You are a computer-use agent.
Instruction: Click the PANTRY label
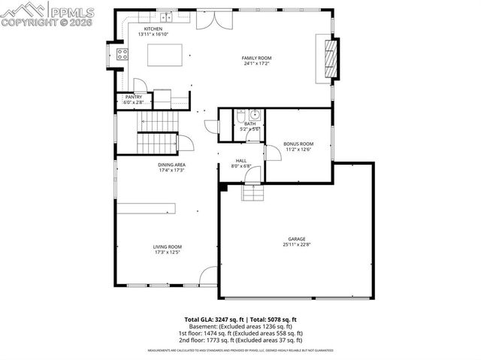coord(133,97)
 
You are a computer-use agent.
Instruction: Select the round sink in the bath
coord(255,115)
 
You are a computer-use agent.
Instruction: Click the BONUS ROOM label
coord(298,144)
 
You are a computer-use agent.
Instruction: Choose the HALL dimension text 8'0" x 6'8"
coord(240,166)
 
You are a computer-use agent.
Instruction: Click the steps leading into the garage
coord(253,193)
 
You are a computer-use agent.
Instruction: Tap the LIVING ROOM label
coord(168,247)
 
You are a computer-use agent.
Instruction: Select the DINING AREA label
coord(171,165)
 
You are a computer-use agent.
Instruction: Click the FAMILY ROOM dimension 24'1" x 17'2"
coord(256,64)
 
